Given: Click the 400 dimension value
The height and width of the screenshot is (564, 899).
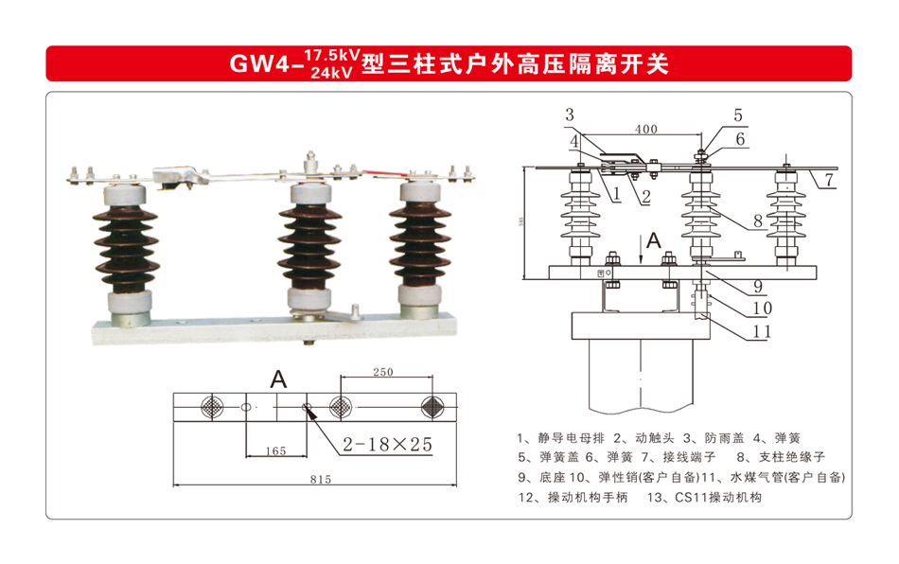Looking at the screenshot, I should [x=646, y=128].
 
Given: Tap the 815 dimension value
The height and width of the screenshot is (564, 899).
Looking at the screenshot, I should [x=321, y=480].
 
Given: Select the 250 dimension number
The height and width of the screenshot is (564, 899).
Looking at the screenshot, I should [x=382, y=372].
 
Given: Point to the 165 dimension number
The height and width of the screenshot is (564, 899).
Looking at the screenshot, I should [x=275, y=451].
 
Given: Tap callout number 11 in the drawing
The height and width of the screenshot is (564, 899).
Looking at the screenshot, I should [x=762, y=331].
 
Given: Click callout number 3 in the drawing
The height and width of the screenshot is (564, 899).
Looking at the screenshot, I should [x=569, y=115].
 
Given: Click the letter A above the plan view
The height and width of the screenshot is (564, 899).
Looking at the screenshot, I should [x=278, y=379].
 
